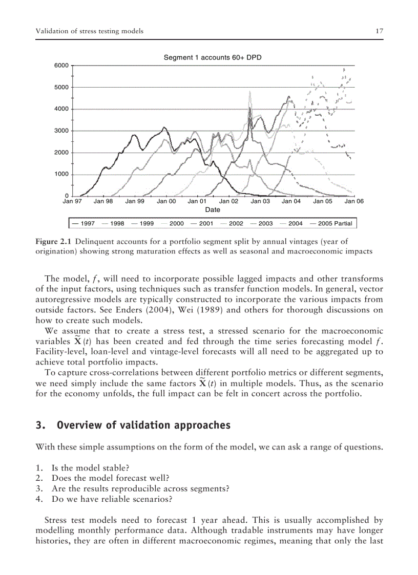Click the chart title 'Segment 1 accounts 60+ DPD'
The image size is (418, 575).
[x=212, y=57]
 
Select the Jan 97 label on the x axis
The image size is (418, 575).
[x=72, y=202]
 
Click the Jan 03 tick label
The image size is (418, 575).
[x=260, y=202]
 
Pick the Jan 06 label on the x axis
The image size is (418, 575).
[x=353, y=202]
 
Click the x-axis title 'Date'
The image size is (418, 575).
[x=212, y=210]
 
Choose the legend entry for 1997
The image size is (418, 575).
[x=84, y=224]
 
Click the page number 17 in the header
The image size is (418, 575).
[x=379, y=31]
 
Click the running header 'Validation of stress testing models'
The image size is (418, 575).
[x=89, y=31]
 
